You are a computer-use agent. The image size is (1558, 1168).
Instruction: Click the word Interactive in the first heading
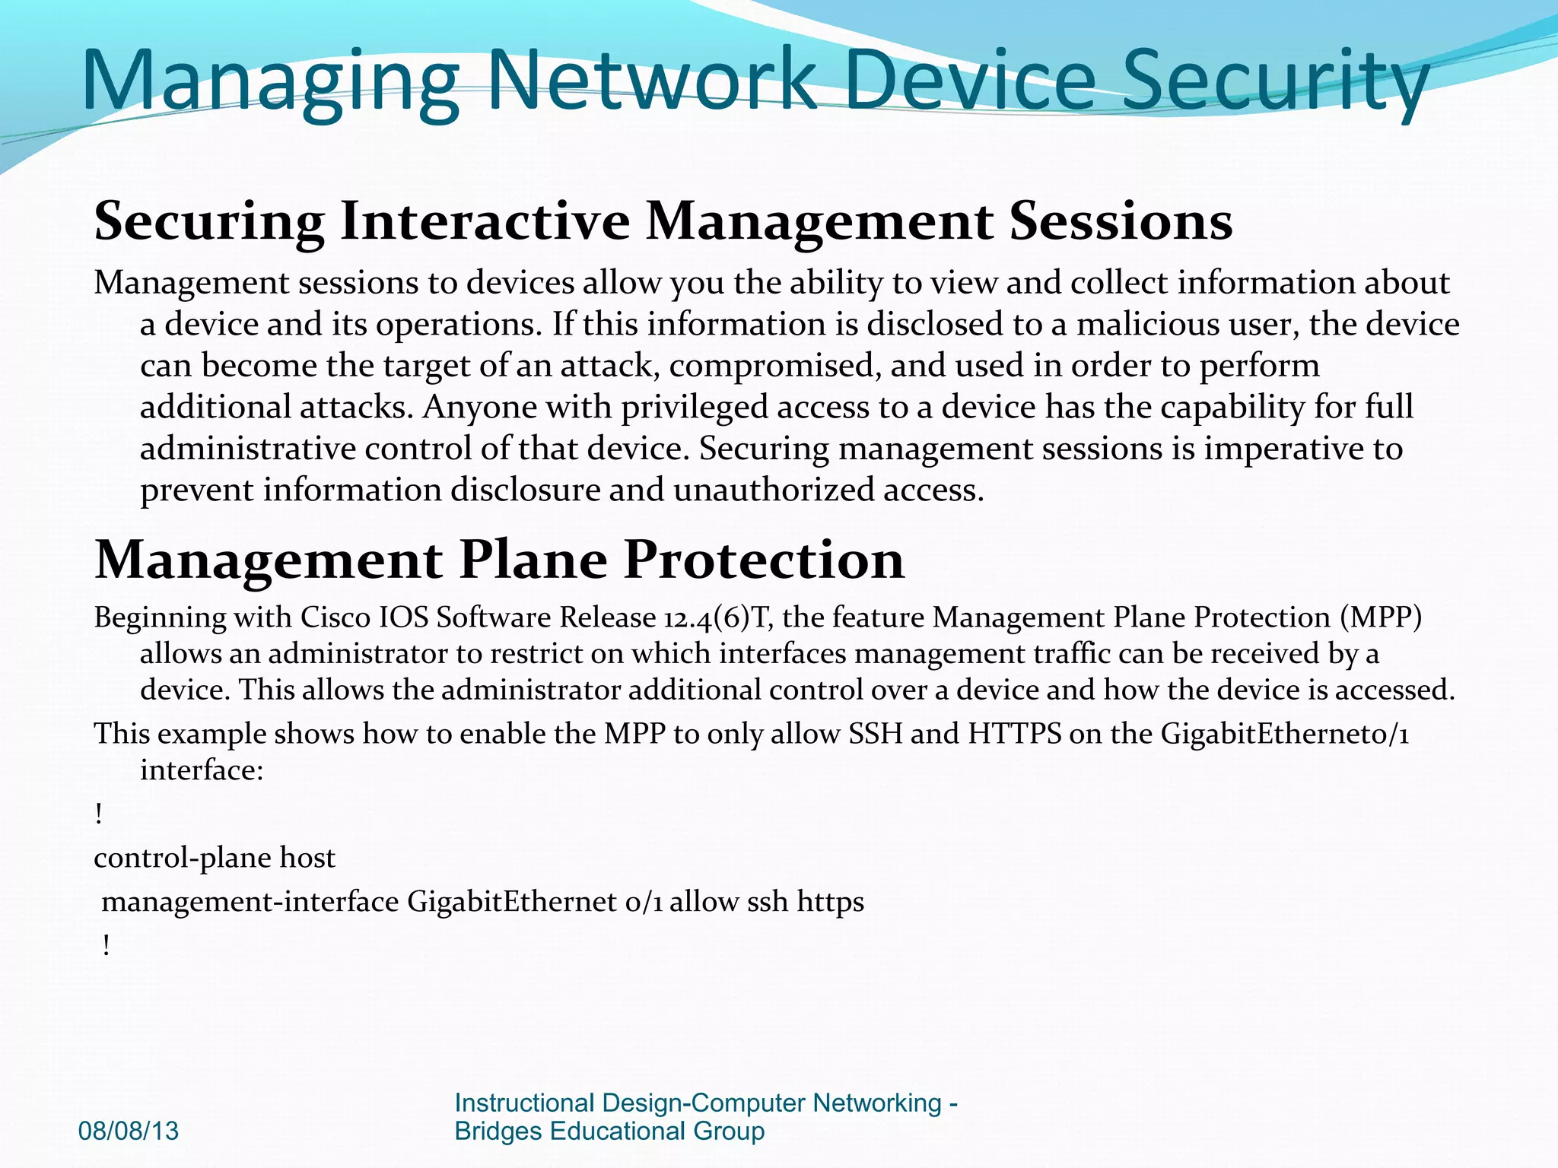click(x=485, y=221)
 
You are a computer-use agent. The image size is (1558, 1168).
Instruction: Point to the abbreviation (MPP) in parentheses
click(x=1380, y=617)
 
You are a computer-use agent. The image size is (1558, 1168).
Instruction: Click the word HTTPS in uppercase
click(x=1014, y=735)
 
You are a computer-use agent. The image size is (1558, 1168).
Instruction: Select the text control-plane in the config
click(x=183, y=859)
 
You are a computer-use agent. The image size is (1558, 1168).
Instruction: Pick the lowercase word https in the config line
click(x=830, y=903)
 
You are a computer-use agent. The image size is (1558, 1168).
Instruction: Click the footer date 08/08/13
click(x=129, y=1131)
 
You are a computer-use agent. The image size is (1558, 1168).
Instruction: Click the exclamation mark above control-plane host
click(x=99, y=815)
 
